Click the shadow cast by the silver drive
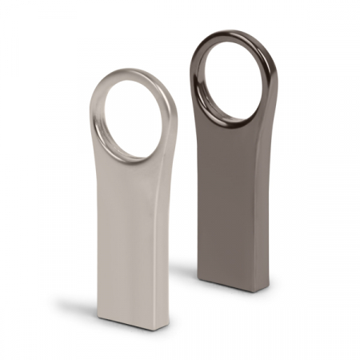(76, 309)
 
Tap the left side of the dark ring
(195, 76)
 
